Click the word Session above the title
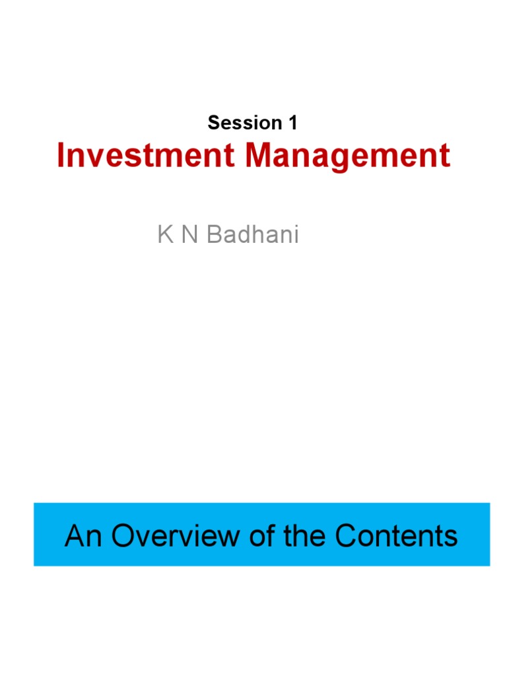click(244, 123)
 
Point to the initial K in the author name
click(164, 234)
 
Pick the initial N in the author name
click(189, 234)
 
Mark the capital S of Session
click(213, 123)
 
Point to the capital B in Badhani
click(215, 234)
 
